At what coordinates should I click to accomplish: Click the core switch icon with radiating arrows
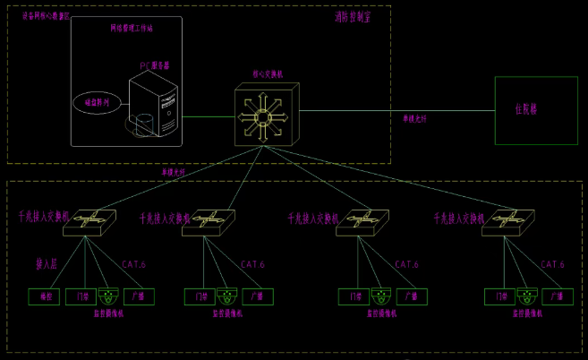[265, 116]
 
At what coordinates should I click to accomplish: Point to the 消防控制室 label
[353, 16]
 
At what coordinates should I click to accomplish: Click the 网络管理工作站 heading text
[132, 29]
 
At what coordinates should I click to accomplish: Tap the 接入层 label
[47, 264]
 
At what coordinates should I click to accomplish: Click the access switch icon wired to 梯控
[89, 220]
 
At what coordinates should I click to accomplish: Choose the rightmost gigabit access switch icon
[508, 221]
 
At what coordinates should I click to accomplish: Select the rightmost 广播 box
[558, 296]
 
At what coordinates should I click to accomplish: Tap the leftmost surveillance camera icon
[110, 296]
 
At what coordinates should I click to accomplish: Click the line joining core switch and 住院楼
[394, 112]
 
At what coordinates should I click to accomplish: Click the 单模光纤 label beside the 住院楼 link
[413, 119]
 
